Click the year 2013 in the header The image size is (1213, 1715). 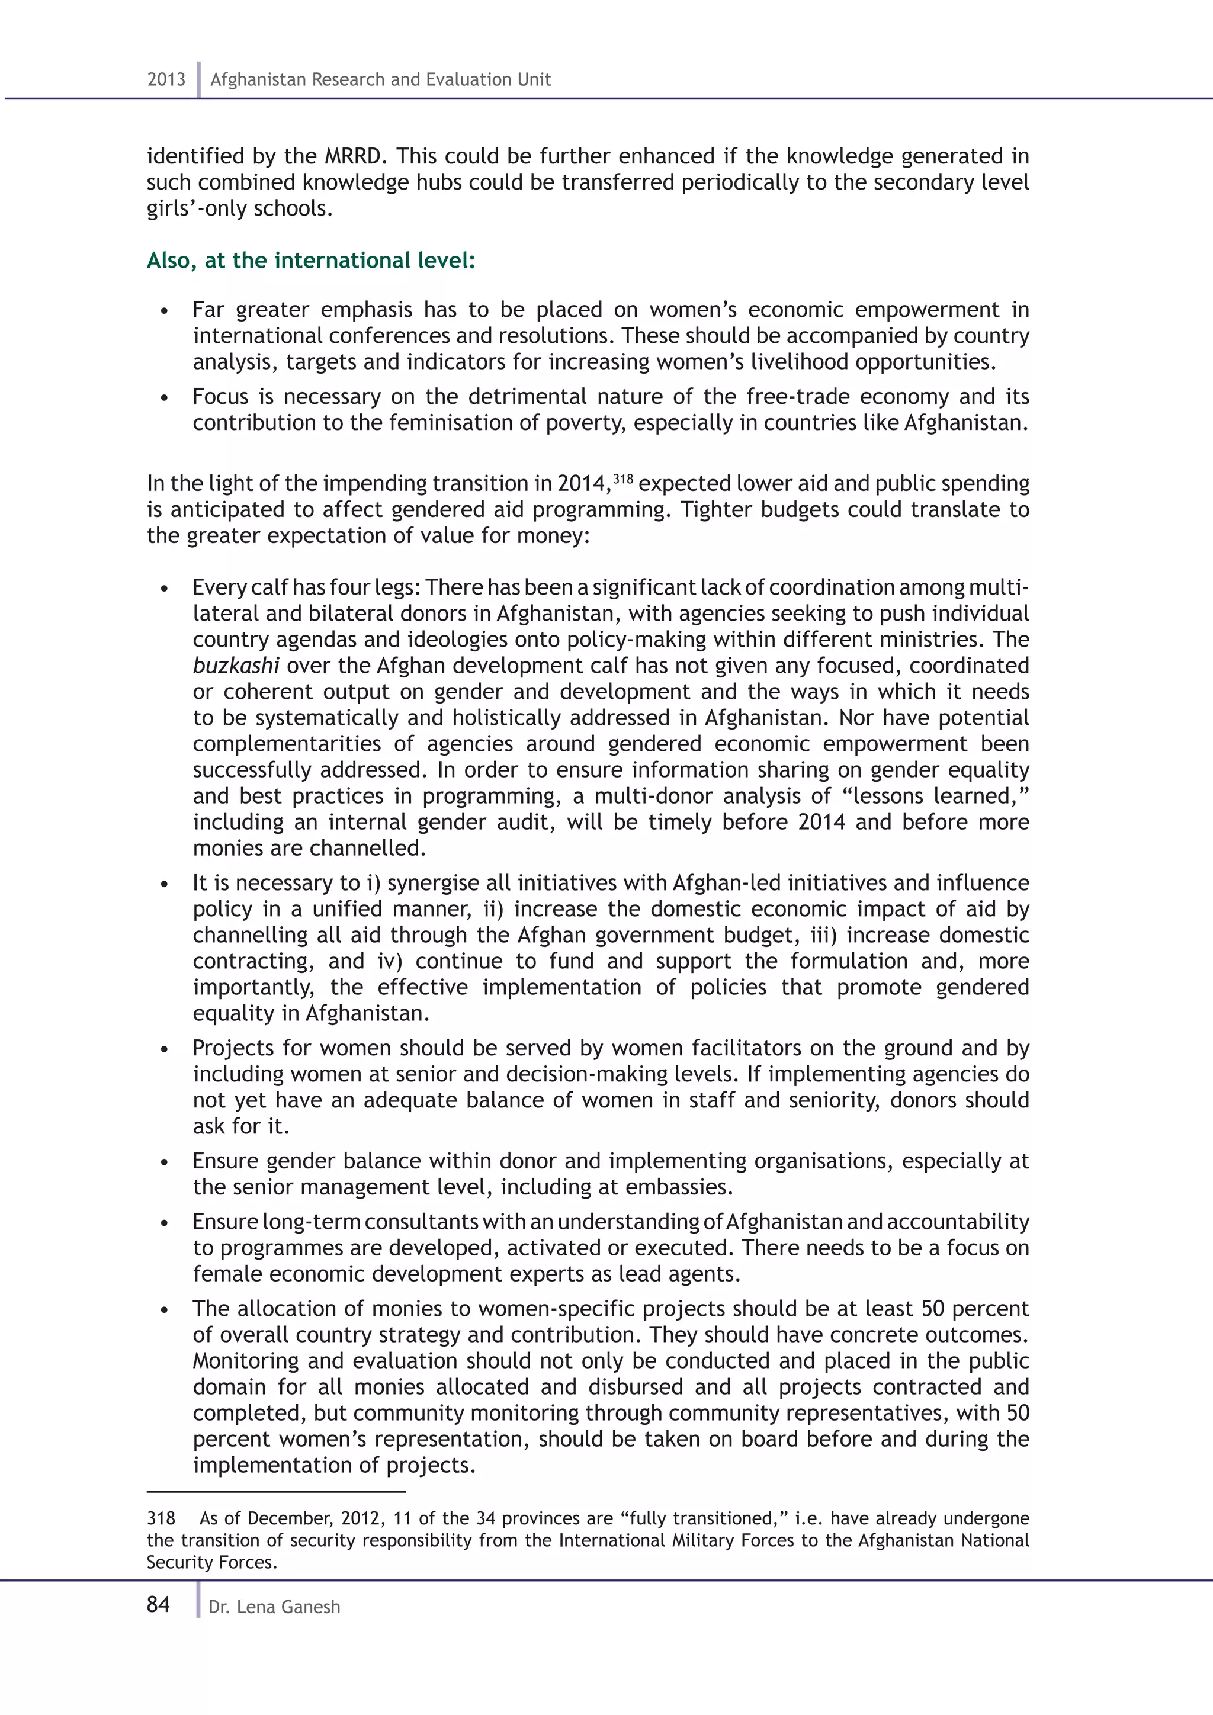click(166, 79)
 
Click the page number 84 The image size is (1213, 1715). click(158, 1604)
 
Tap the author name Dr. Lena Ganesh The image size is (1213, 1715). click(274, 1607)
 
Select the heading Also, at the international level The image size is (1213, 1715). click(311, 260)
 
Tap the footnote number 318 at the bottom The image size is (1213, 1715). click(161, 1518)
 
